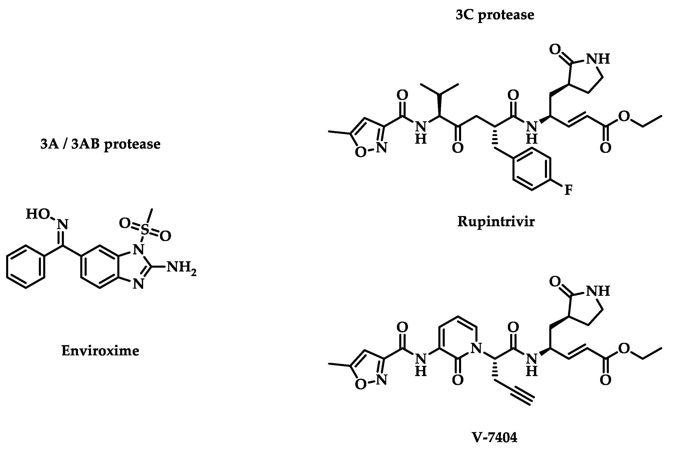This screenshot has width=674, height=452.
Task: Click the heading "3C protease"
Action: click(495, 15)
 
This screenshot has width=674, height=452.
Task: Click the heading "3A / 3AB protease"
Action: click(100, 144)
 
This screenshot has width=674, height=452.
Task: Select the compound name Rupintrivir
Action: click(496, 222)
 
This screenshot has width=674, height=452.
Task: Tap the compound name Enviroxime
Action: click(100, 351)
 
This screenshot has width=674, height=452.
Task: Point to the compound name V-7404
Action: click(495, 437)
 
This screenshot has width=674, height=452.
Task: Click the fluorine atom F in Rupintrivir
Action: click(568, 190)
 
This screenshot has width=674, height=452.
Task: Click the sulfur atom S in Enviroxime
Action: click(145, 230)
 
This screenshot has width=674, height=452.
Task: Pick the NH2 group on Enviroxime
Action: click(181, 267)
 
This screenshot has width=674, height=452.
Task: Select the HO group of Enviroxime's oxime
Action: click(38, 214)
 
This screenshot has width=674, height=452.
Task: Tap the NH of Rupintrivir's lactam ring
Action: click(598, 59)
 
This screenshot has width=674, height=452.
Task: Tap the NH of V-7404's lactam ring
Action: click(598, 291)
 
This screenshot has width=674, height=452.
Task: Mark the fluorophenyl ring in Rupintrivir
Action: click(532, 169)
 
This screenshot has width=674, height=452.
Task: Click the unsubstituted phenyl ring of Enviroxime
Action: click(26, 267)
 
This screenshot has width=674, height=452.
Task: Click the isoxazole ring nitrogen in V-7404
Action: click(382, 380)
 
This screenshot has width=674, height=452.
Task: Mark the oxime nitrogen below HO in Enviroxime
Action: click(63, 224)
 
